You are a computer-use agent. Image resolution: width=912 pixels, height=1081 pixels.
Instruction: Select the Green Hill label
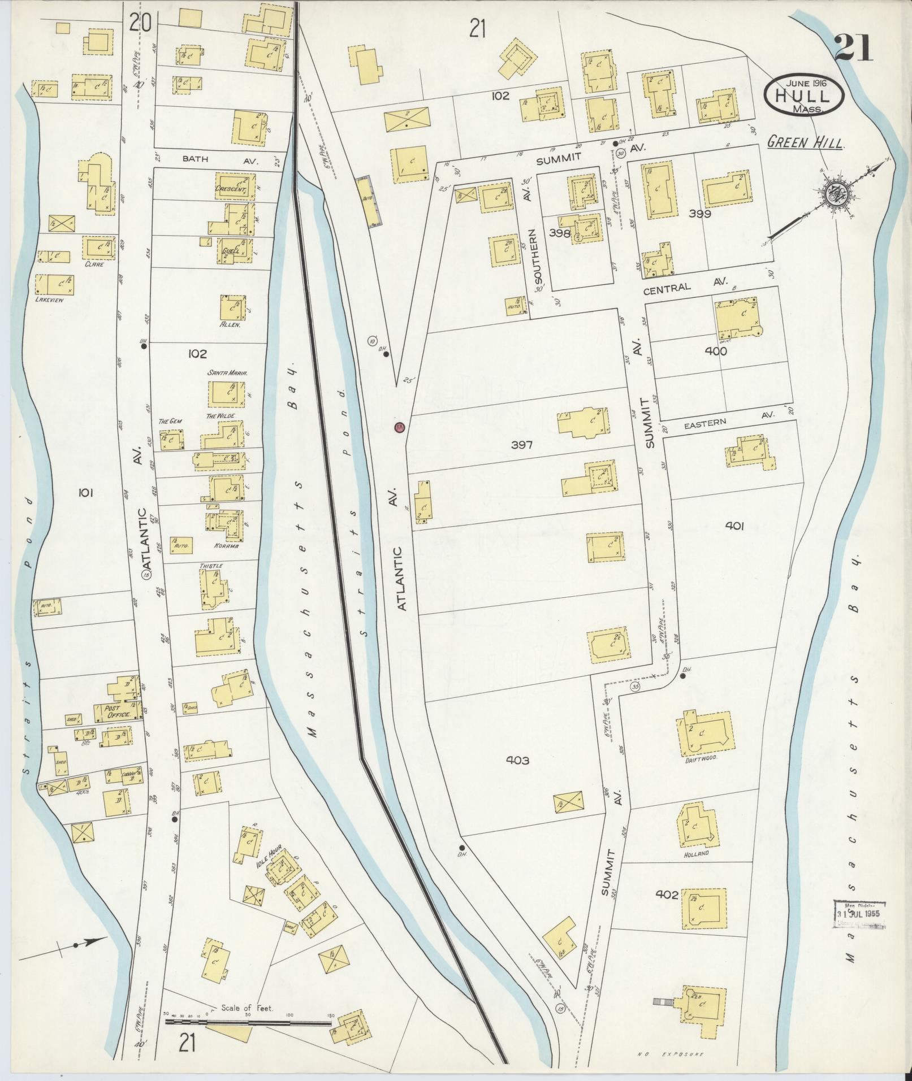coord(805,144)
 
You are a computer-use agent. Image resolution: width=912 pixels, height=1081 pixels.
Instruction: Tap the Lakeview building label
coord(51,300)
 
